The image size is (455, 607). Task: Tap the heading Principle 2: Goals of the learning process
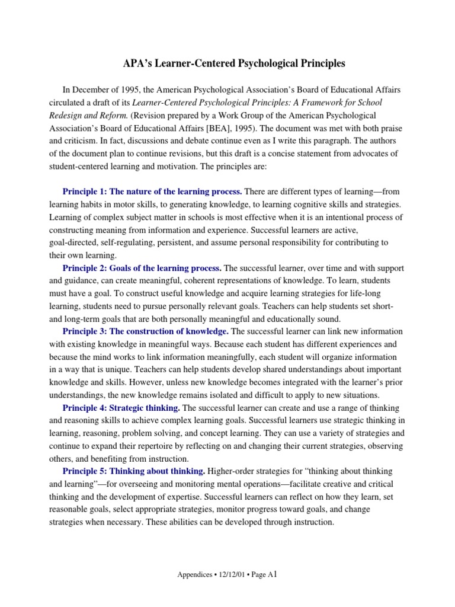pos(142,269)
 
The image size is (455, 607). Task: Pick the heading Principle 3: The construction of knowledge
pos(146,331)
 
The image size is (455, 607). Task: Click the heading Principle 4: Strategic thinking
pos(121,408)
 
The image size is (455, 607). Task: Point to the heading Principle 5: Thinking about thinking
pos(134,471)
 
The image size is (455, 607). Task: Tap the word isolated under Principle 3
pos(230,395)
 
